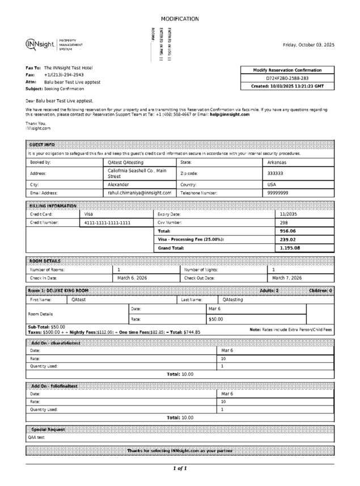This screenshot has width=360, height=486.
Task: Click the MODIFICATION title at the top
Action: (x=180, y=19)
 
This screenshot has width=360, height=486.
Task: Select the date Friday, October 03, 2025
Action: (x=308, y=45)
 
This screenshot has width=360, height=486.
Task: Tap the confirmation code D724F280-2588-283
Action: (x=287, y=78)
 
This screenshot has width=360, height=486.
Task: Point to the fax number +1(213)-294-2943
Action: (x=64, y=75)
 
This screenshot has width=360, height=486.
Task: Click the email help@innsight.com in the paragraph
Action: (x=230, y=115)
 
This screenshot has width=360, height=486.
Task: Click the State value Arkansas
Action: (x=278, y=162)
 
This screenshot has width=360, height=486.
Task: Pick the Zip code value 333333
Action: (x=275, y=174)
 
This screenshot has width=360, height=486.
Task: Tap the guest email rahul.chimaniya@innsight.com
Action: (x=139, y=193)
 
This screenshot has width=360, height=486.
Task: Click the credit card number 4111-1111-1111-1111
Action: (x=107, y=223)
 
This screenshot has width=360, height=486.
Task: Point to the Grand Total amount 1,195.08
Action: (x=290, y=248)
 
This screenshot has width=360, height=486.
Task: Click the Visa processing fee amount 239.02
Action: (x=288, y=239)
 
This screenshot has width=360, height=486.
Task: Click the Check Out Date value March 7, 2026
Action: (x=287, y=278)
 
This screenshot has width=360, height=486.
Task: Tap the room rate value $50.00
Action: (x=216, y=319)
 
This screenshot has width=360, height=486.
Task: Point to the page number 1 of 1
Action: (x=180, y=468)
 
